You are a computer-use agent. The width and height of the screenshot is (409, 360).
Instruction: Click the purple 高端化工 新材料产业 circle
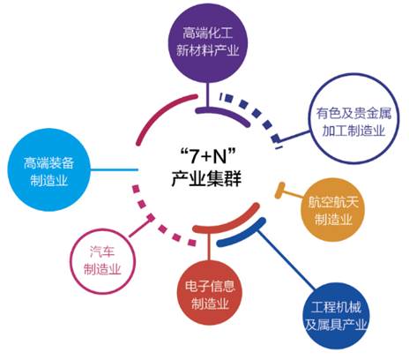pos(208,42)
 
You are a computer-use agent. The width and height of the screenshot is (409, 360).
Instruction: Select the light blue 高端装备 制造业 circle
pos(48,169)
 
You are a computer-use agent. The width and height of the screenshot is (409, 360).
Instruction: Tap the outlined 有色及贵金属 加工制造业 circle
pos(353,122)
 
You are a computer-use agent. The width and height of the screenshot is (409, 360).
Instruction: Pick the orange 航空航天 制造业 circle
pos(333,210)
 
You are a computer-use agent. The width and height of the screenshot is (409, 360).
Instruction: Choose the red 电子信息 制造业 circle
pos(210,293)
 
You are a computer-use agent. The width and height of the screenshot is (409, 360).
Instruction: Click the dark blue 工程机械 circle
pos(336,316)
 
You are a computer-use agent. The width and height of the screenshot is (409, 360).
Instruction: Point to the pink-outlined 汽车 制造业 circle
pos(102,262)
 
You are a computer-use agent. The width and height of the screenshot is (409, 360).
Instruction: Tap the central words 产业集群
pos(206,178)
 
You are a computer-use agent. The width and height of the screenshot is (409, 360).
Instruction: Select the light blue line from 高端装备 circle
pos(114,169)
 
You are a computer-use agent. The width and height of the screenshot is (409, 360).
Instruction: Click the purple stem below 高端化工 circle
pos(207,94)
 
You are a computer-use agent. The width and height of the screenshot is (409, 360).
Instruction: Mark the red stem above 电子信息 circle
pos(209,246)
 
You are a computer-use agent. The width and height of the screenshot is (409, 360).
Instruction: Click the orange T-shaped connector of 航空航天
pos(290,192)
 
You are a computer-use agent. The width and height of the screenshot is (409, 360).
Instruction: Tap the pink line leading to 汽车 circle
pos(140,227)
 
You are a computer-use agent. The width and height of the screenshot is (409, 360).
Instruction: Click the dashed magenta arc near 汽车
pos(157,218)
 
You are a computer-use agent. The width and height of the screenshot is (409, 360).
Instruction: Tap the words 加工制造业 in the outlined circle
pos(353,131)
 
